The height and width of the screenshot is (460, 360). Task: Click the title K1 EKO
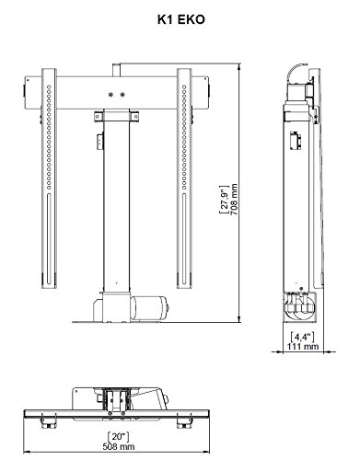[x=180, y=19]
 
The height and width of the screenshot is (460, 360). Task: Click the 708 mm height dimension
[x=234, y=200]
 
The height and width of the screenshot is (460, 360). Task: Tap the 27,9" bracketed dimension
[x=225, y=200]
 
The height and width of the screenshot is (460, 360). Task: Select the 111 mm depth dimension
[x=303, y=347]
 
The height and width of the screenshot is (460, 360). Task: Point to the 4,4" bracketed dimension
[x=303, y=337]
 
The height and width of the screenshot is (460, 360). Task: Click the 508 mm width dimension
[x=119, y=446]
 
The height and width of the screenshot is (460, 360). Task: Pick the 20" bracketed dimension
[x=118, y=436]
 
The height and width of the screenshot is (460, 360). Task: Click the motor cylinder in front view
[x=150, y=307]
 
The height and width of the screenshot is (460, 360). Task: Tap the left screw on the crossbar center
[x=111, y=95]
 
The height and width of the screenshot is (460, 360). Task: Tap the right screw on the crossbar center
[x=122, y=95]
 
